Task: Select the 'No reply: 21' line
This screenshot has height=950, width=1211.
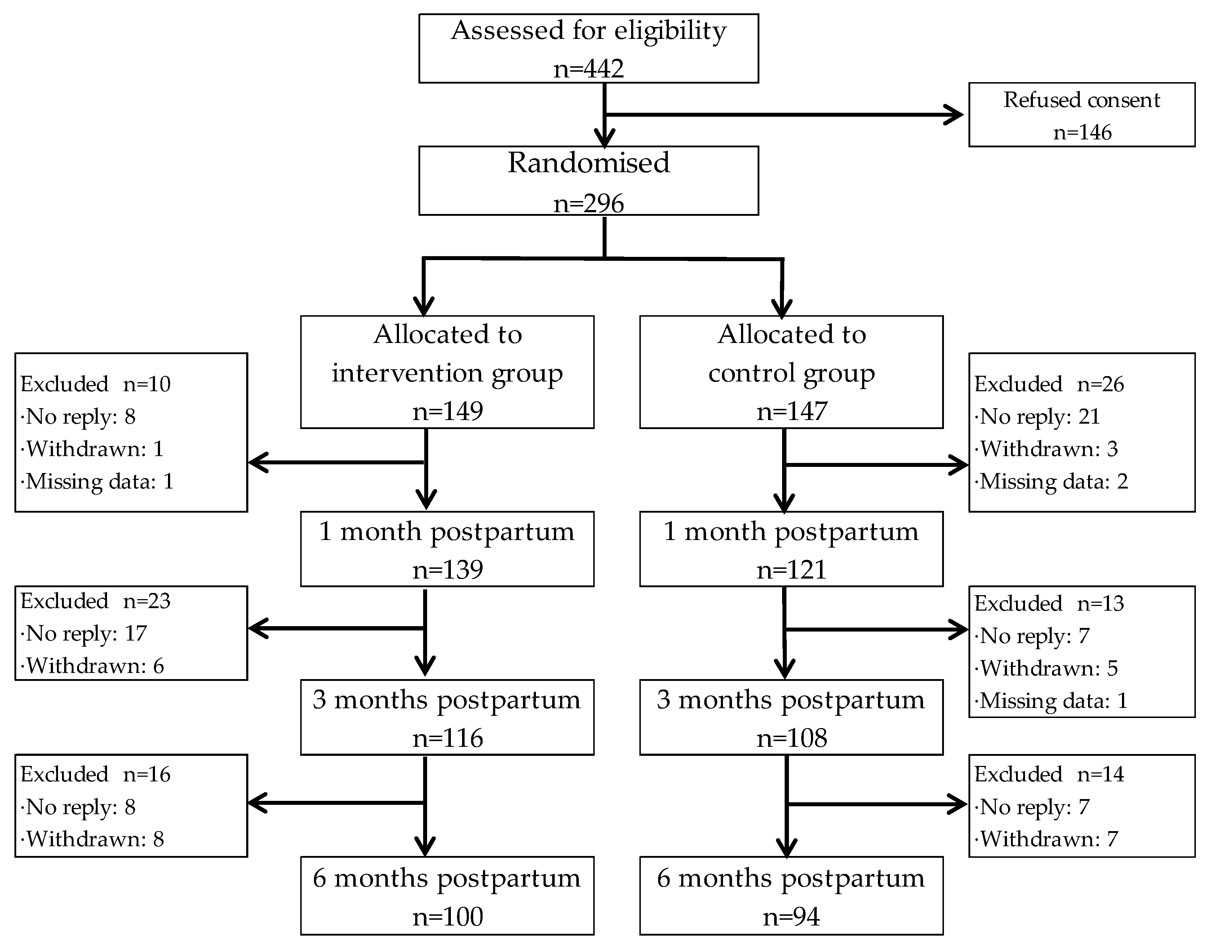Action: [1038, 416]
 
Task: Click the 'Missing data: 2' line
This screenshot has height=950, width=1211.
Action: [1052, 481]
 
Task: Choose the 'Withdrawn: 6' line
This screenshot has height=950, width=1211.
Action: [93, 666]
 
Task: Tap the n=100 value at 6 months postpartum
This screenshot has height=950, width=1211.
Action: [447, 916]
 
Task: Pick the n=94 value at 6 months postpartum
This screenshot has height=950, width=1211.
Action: [791, 916]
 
